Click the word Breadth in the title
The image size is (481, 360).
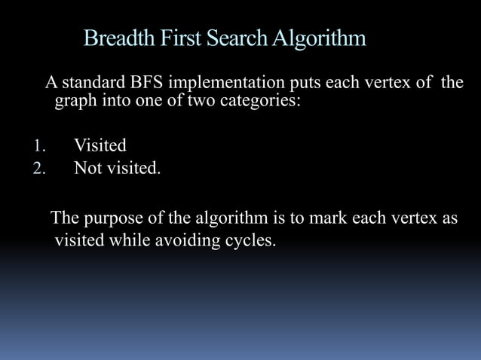pyautogui.click(x=118, y=38)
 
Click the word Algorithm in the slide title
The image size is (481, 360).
pyautogui.click(x=320, y=38)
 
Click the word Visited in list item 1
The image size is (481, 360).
pyautogui.click(x=100, y=145)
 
